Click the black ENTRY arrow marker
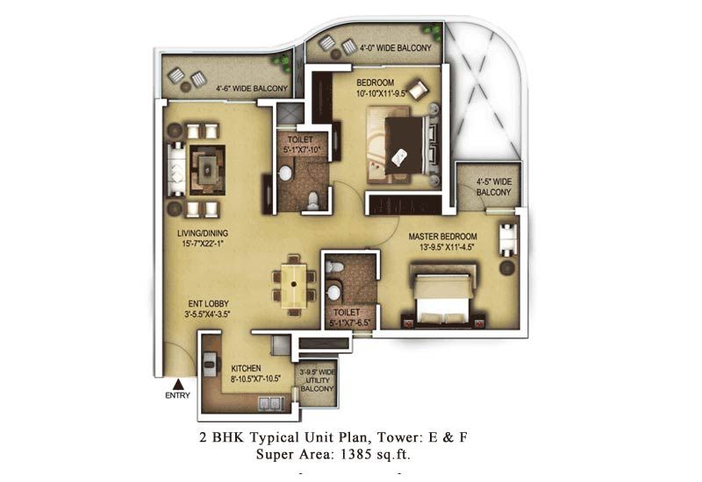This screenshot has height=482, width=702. pyautogui.click(x=178, y=384)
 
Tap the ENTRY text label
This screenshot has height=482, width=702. pyautogui.click(x=178, y=395)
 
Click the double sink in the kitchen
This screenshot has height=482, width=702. pyautogui.click(x=271, y=403)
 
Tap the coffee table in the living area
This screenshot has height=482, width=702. pyautogui.click(x=207, y=169)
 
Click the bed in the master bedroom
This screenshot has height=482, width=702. pyautogui.click(x=443, y=295)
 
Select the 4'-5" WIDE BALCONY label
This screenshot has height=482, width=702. pyautogui.click(x=493, y=187)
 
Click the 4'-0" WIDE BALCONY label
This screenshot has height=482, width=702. pyautogui.click(x=396, y=48)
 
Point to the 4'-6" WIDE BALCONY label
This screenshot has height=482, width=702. pyautogui.click(x=252, y=89)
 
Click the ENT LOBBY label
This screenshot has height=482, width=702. pyautogui.click(x=208, y=308)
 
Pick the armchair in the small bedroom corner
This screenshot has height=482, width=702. pyautogui.click(x=419, y=89)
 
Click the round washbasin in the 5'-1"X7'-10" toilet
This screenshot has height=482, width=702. pyautogui.click(x=285, y=174)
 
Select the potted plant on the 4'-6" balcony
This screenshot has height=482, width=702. pyautogui.click(x=283, y=62)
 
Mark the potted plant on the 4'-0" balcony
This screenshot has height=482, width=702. pyautogui.click(x=433, y=32)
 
